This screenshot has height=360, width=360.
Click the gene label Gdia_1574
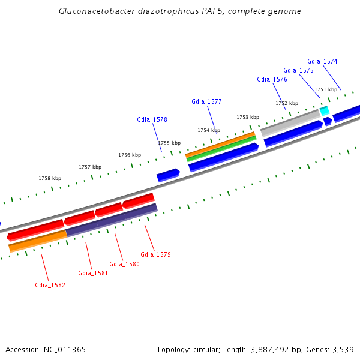[322, 61]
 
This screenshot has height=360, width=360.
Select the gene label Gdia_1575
[298, 70]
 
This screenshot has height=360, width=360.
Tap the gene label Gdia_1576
[272, 79]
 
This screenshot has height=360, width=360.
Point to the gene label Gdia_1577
[206, 101]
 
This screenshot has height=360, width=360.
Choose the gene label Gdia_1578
[152, 119]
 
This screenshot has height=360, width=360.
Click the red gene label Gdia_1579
[155, 254]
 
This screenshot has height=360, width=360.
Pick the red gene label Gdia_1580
[124, 264]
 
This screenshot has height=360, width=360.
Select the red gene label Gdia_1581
[93, 273]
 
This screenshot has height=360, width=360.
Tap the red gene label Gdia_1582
[50, 285]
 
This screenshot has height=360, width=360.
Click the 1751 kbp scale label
[326, 89]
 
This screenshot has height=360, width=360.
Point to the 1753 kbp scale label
[248, 117]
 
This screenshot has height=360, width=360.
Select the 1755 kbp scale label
[169, 143]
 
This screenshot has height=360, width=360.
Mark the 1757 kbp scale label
[90, 167]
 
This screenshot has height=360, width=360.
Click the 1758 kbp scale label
[50, 178]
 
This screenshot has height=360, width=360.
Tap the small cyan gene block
[325, 111]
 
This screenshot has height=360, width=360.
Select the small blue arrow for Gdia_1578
[168, 175]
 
